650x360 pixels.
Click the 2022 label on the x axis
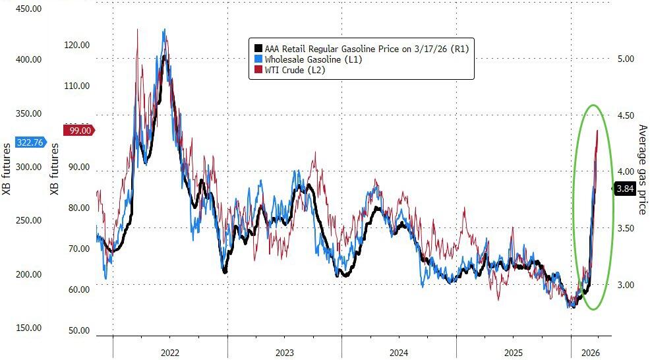[170, 353]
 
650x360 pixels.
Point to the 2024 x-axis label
[399, 353]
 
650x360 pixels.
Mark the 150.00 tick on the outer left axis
[28, 328]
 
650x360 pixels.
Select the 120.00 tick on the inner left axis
[76, 45]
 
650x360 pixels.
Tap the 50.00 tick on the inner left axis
[79, 330]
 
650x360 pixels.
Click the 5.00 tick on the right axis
[625, 59]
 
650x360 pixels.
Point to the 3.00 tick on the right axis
[625, 285]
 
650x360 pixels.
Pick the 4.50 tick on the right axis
[625, 115]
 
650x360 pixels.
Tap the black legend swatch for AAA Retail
[256, 48]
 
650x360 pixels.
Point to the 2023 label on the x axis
[285, 353]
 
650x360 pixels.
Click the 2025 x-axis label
[514, 353]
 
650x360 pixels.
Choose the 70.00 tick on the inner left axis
[79, 249]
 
